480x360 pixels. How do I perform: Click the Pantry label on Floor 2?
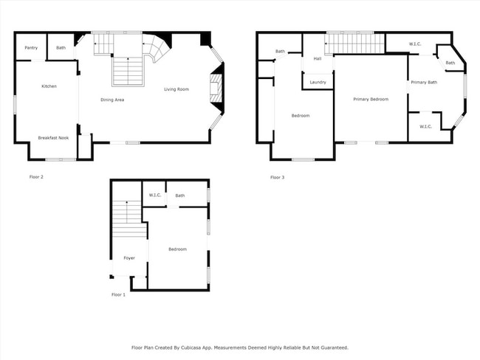click(31, 48)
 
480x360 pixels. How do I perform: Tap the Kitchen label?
click(49, 86)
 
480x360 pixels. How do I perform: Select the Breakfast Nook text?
click(53, 138)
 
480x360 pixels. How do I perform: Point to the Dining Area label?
click(112, 100)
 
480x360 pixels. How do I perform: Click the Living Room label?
click(176, 89)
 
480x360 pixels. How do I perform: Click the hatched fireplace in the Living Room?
click(215, 89)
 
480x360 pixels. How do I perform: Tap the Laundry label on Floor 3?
click(318, 83)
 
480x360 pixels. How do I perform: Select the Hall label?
click(318, 58)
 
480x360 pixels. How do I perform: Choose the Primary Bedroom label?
click(371, 100)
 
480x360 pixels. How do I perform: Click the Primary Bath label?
click(424, 83)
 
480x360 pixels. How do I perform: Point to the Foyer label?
click(129, 258)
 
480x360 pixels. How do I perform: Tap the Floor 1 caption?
click(118, 295)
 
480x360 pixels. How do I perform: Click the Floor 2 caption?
click(36, 177)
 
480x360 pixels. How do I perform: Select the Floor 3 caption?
click(278, 177)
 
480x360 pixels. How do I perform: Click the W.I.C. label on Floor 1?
click(155, 195)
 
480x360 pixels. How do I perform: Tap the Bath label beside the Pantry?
click(61, 48)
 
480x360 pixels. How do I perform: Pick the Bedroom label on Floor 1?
click(177, 249)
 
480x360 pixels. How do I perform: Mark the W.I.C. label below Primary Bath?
click(425, 127)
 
